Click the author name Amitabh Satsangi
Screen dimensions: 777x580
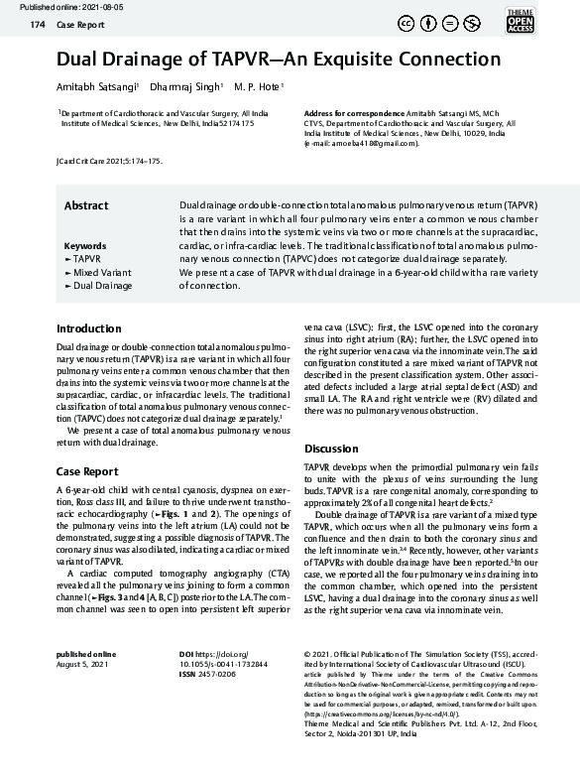point(97,86)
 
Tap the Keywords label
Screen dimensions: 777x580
point(84,245)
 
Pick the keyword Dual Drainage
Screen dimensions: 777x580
point(101,286)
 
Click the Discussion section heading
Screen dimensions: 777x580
point(331,449)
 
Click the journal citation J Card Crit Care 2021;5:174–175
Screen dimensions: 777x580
point(110,161)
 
